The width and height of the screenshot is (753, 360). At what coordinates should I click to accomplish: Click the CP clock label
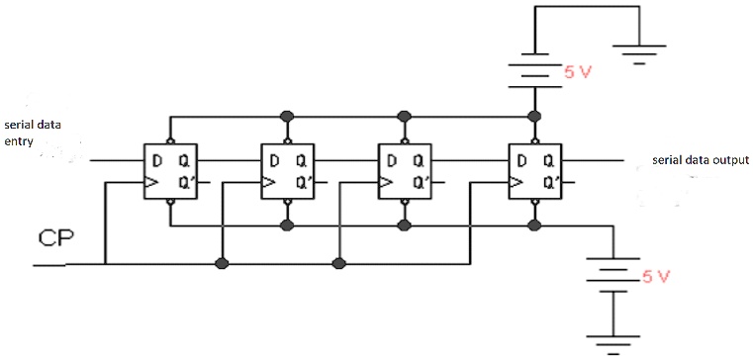[x=51, y=238]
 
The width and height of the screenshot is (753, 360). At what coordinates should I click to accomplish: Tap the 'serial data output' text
[x=700, y=160]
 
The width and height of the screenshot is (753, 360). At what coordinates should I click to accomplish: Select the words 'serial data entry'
[x=33, y=133]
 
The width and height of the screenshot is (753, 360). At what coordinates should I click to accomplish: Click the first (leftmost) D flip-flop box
[x=171, y=171]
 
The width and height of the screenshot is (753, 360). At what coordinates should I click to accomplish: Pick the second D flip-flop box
[x=287, y=171]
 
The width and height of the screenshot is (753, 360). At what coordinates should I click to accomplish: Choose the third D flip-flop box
[x=404, y=171]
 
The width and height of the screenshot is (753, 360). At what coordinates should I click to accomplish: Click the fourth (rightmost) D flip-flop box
[x=534, y=171]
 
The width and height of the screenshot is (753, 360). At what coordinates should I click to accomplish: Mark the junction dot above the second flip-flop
[x=287, y=116]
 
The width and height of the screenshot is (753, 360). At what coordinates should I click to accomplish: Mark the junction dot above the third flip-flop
[x=404, y=116]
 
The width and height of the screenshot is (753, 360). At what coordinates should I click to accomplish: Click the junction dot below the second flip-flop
[x=287, y=225]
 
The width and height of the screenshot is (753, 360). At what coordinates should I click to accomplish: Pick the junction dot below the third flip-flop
[x=404, y=225]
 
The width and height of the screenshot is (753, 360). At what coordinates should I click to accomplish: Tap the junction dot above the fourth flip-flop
[x=534, y=116]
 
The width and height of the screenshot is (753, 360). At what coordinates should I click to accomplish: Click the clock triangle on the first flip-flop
[x=152, y=182]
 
